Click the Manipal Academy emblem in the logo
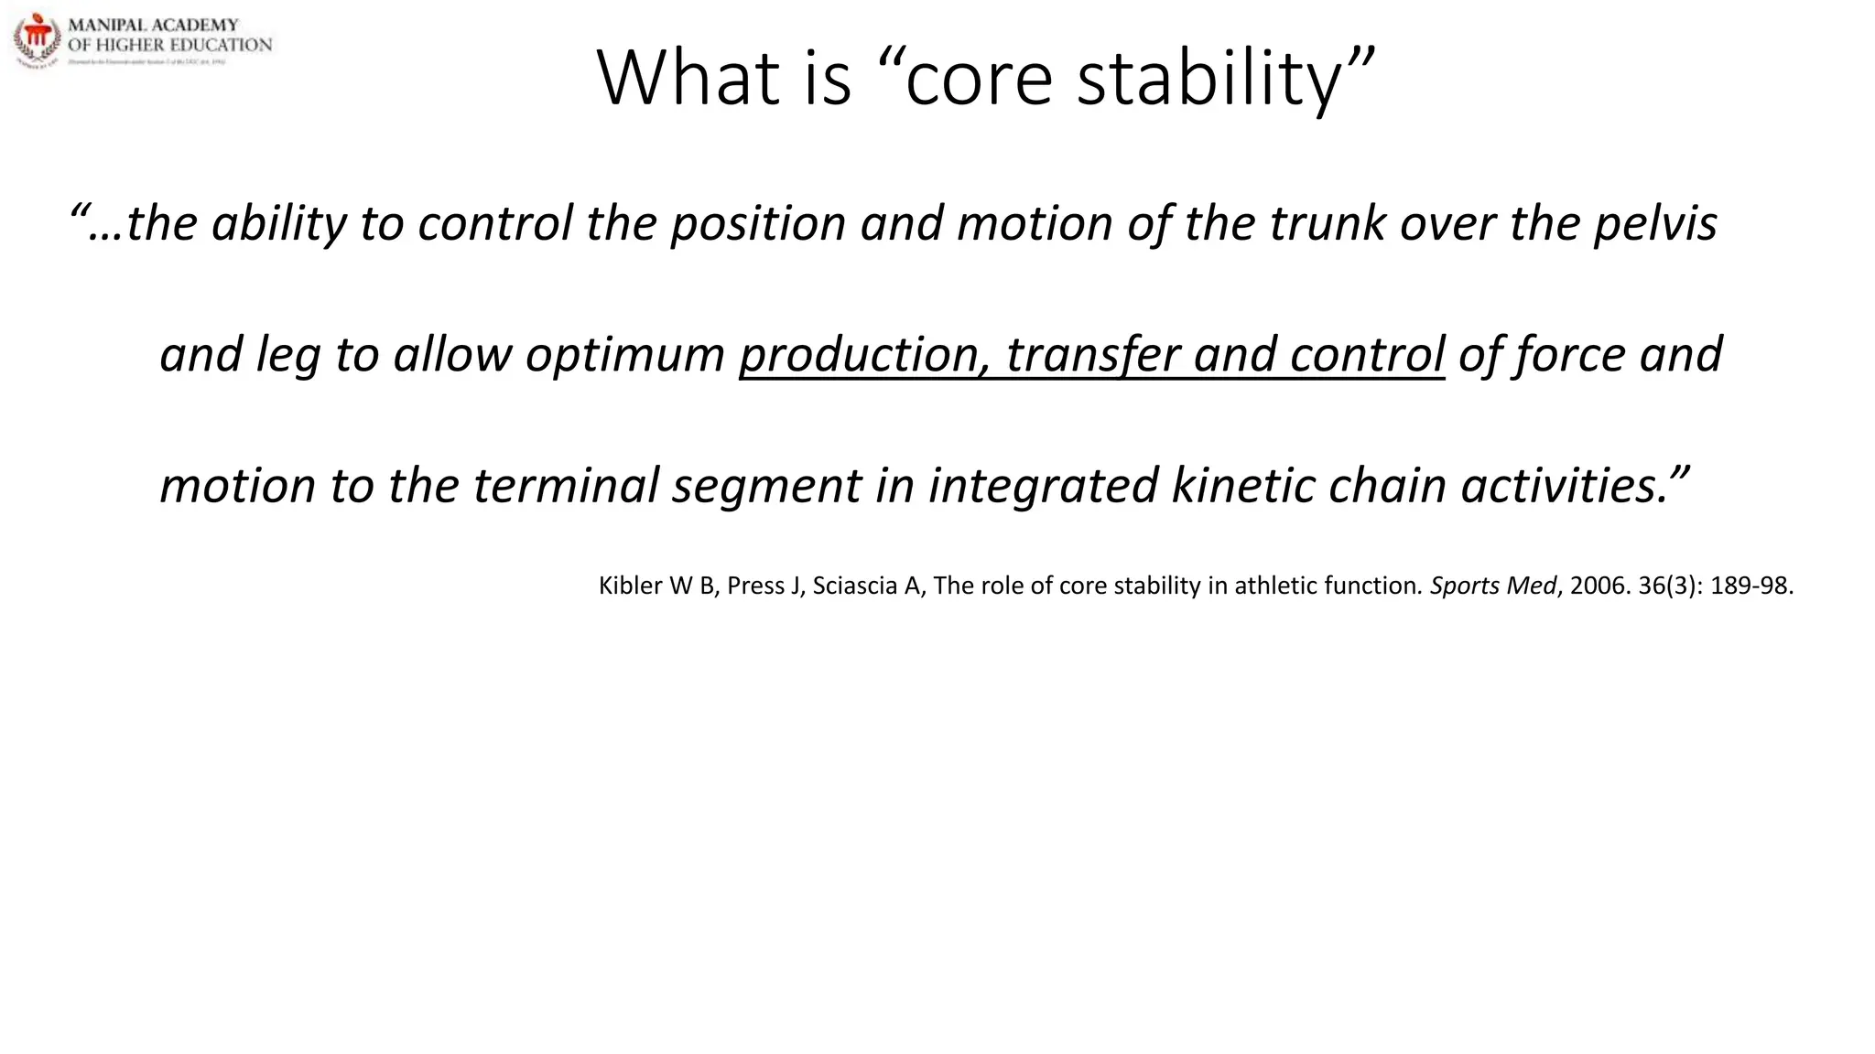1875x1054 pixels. point(38,39)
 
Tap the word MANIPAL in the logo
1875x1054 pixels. point(107,25)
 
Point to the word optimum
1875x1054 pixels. point(624,355)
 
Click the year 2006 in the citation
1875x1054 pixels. point(1599,586)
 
